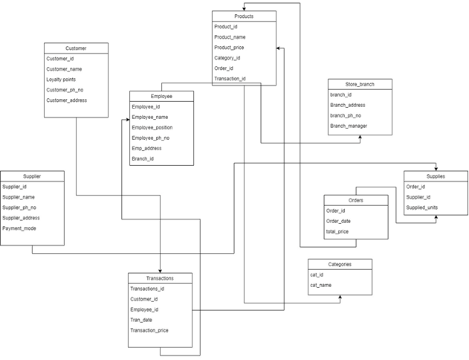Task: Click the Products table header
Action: tap(244, 16)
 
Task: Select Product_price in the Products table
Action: tap(229, 48)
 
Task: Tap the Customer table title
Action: tap(76, 48)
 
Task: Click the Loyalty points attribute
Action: tap(61, 80)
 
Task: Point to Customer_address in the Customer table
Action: tap(67, 100)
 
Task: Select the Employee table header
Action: tap(161, 96)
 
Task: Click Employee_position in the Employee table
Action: tap(152, 127)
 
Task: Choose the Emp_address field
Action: tap(146, 148)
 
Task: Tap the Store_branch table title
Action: tap(360, 84)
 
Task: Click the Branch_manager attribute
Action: tap(349, 126)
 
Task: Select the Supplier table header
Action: tap(32, 176)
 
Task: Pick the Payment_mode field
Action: tap(19, 228)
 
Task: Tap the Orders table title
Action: tap(355, 200)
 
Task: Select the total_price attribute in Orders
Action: tap(338, 231)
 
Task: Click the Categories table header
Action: tap(340, 264)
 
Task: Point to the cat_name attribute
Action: tap(322, 285)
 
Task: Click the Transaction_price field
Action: tap(149, 330)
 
